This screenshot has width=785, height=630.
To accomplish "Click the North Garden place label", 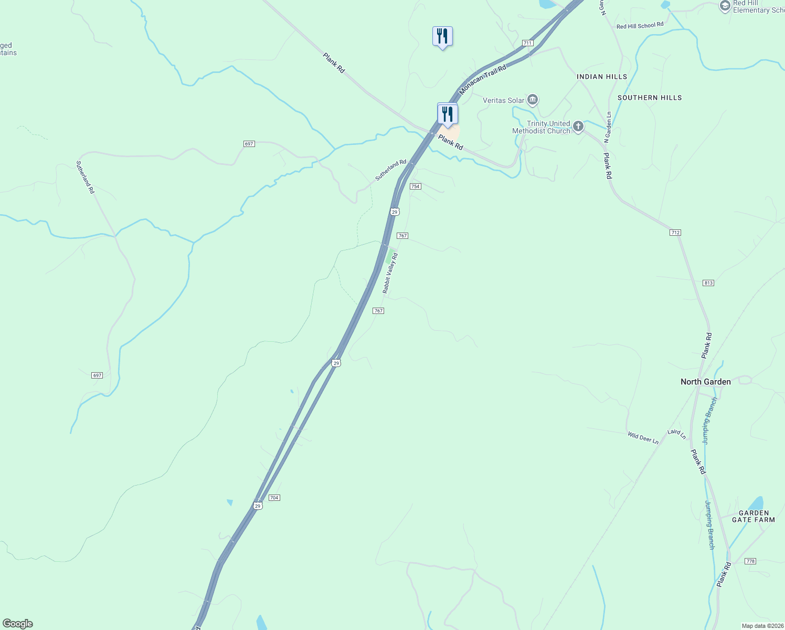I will [705, 382].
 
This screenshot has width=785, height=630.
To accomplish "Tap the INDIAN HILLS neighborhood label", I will [601, 77].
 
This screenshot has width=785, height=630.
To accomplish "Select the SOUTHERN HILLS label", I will [649, 98].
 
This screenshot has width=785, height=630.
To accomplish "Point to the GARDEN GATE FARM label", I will [753, 517].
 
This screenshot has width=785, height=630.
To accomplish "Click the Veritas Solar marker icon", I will [533, 100].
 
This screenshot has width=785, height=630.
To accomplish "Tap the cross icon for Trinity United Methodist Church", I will [578, 126].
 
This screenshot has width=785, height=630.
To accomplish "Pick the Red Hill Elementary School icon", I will [725, 6].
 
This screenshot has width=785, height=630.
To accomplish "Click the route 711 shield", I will [527, 43].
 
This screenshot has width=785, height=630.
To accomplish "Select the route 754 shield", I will [416, 186].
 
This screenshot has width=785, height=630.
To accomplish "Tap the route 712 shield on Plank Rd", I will [675, 233].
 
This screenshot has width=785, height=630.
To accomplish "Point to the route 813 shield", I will [708, 283].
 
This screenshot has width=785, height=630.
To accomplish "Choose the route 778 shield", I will [750, 561].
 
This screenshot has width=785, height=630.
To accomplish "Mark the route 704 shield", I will [274, 498].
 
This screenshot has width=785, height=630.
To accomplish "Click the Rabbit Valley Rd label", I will [390, 273].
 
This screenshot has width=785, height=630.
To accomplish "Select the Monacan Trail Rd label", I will [483, 80].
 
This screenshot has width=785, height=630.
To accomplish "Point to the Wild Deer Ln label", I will [643, 437].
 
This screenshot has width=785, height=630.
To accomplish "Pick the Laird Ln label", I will [676, 434].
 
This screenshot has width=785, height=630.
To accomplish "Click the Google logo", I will [18, 624].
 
